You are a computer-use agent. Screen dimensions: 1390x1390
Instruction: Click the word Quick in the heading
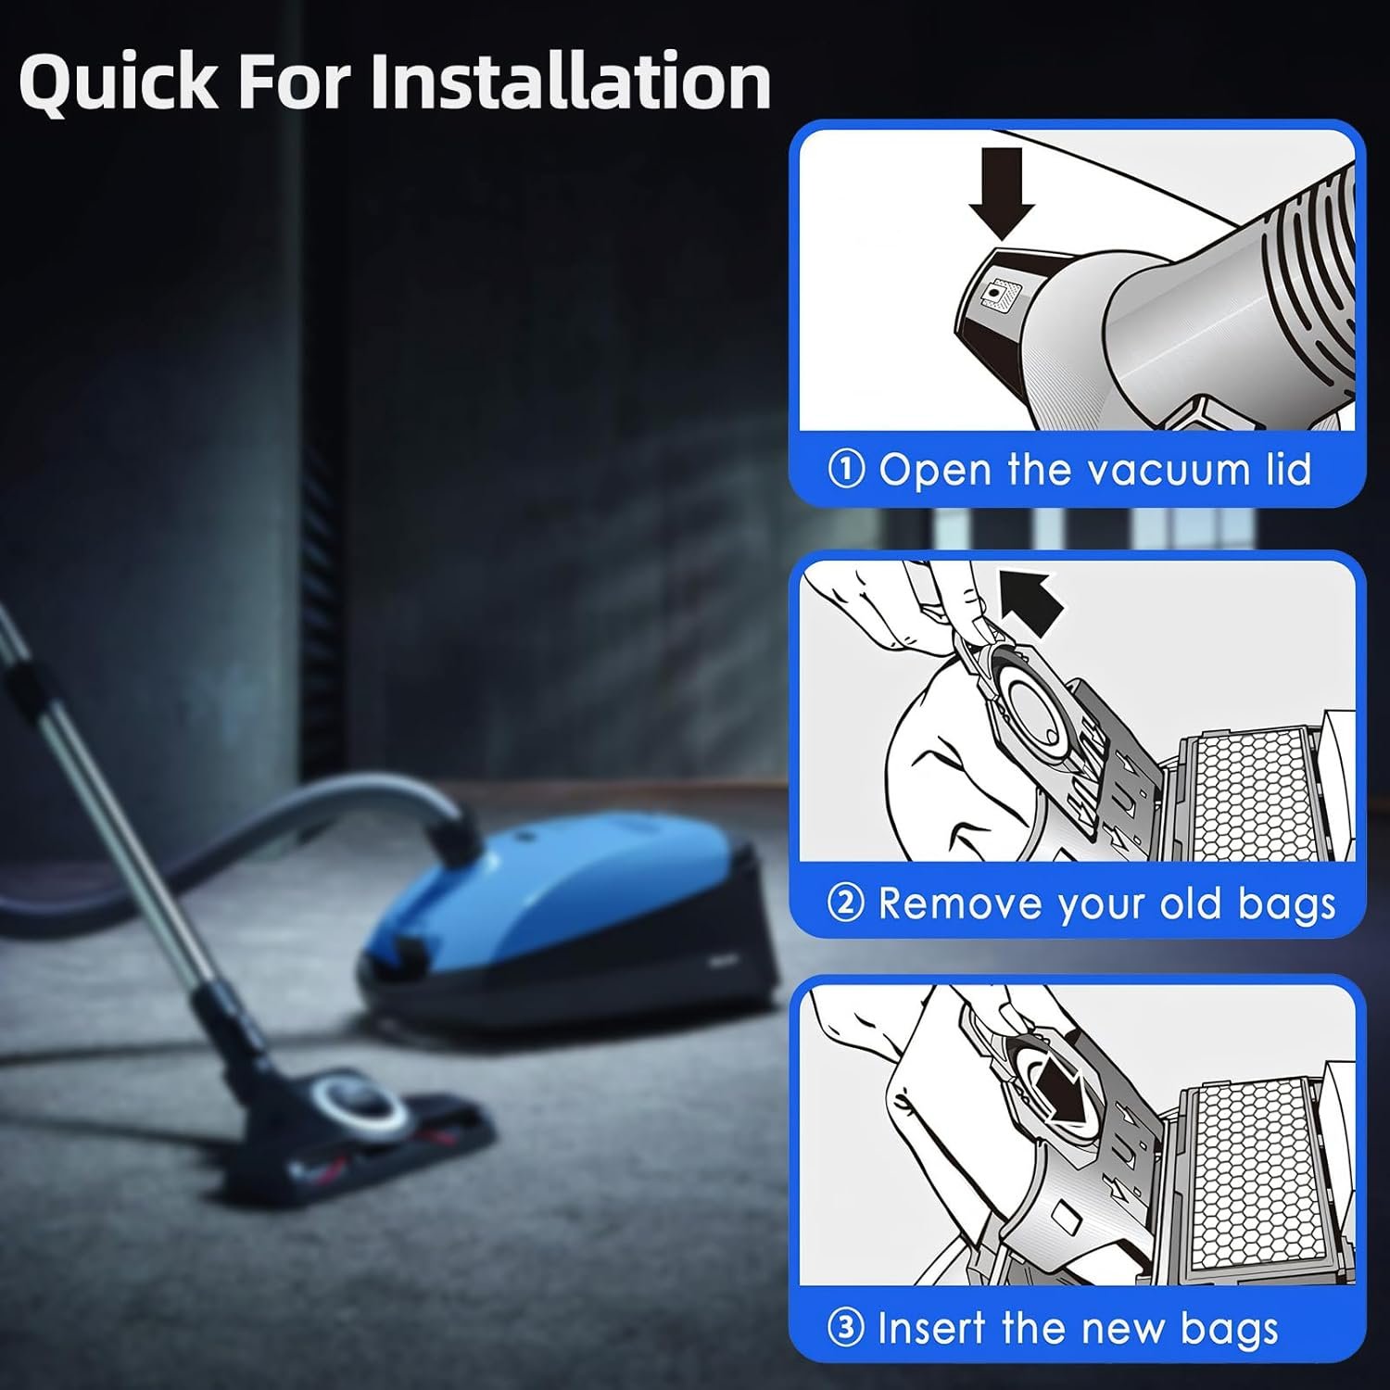point(118,82)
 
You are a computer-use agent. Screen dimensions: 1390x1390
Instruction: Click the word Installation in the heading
point(571,81)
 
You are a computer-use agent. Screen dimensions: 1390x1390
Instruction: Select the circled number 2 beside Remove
point(846,903)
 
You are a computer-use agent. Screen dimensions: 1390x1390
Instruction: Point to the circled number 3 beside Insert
point(846,1328)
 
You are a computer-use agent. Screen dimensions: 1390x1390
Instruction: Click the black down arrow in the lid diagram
point(1002,192)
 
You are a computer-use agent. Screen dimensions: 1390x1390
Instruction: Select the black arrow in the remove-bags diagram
point(1033,601)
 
